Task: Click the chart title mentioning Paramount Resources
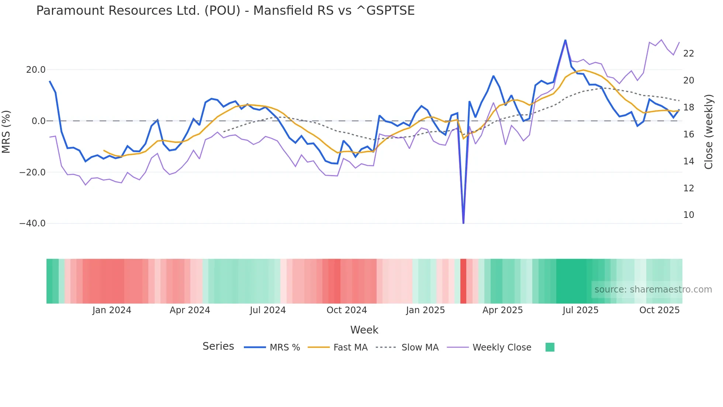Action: click(x=225, y=11)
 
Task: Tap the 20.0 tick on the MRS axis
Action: click(x=36, y=70)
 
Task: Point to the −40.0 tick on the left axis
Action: click(x=32, y=223)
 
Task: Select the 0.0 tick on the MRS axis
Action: click(x=38, y=121)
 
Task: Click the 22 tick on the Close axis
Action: click(x=688, y=54)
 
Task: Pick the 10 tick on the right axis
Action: click(x=688, y=215)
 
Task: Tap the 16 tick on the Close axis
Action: click(x=688, y=134)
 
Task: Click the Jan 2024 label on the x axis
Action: click(x=112, y=310)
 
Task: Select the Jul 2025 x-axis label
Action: click(x=580, y=310)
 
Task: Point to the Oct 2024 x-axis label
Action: click(x=347, y=310)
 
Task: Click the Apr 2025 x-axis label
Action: click(x=502, y=310)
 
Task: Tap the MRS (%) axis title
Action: click(x=6, y=131)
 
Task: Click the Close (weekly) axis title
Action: click(x=709, y=132)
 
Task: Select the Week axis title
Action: click(x=364, y=330)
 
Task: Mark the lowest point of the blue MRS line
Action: click(x=463, y=223)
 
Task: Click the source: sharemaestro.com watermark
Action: click(x=653, y=290)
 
